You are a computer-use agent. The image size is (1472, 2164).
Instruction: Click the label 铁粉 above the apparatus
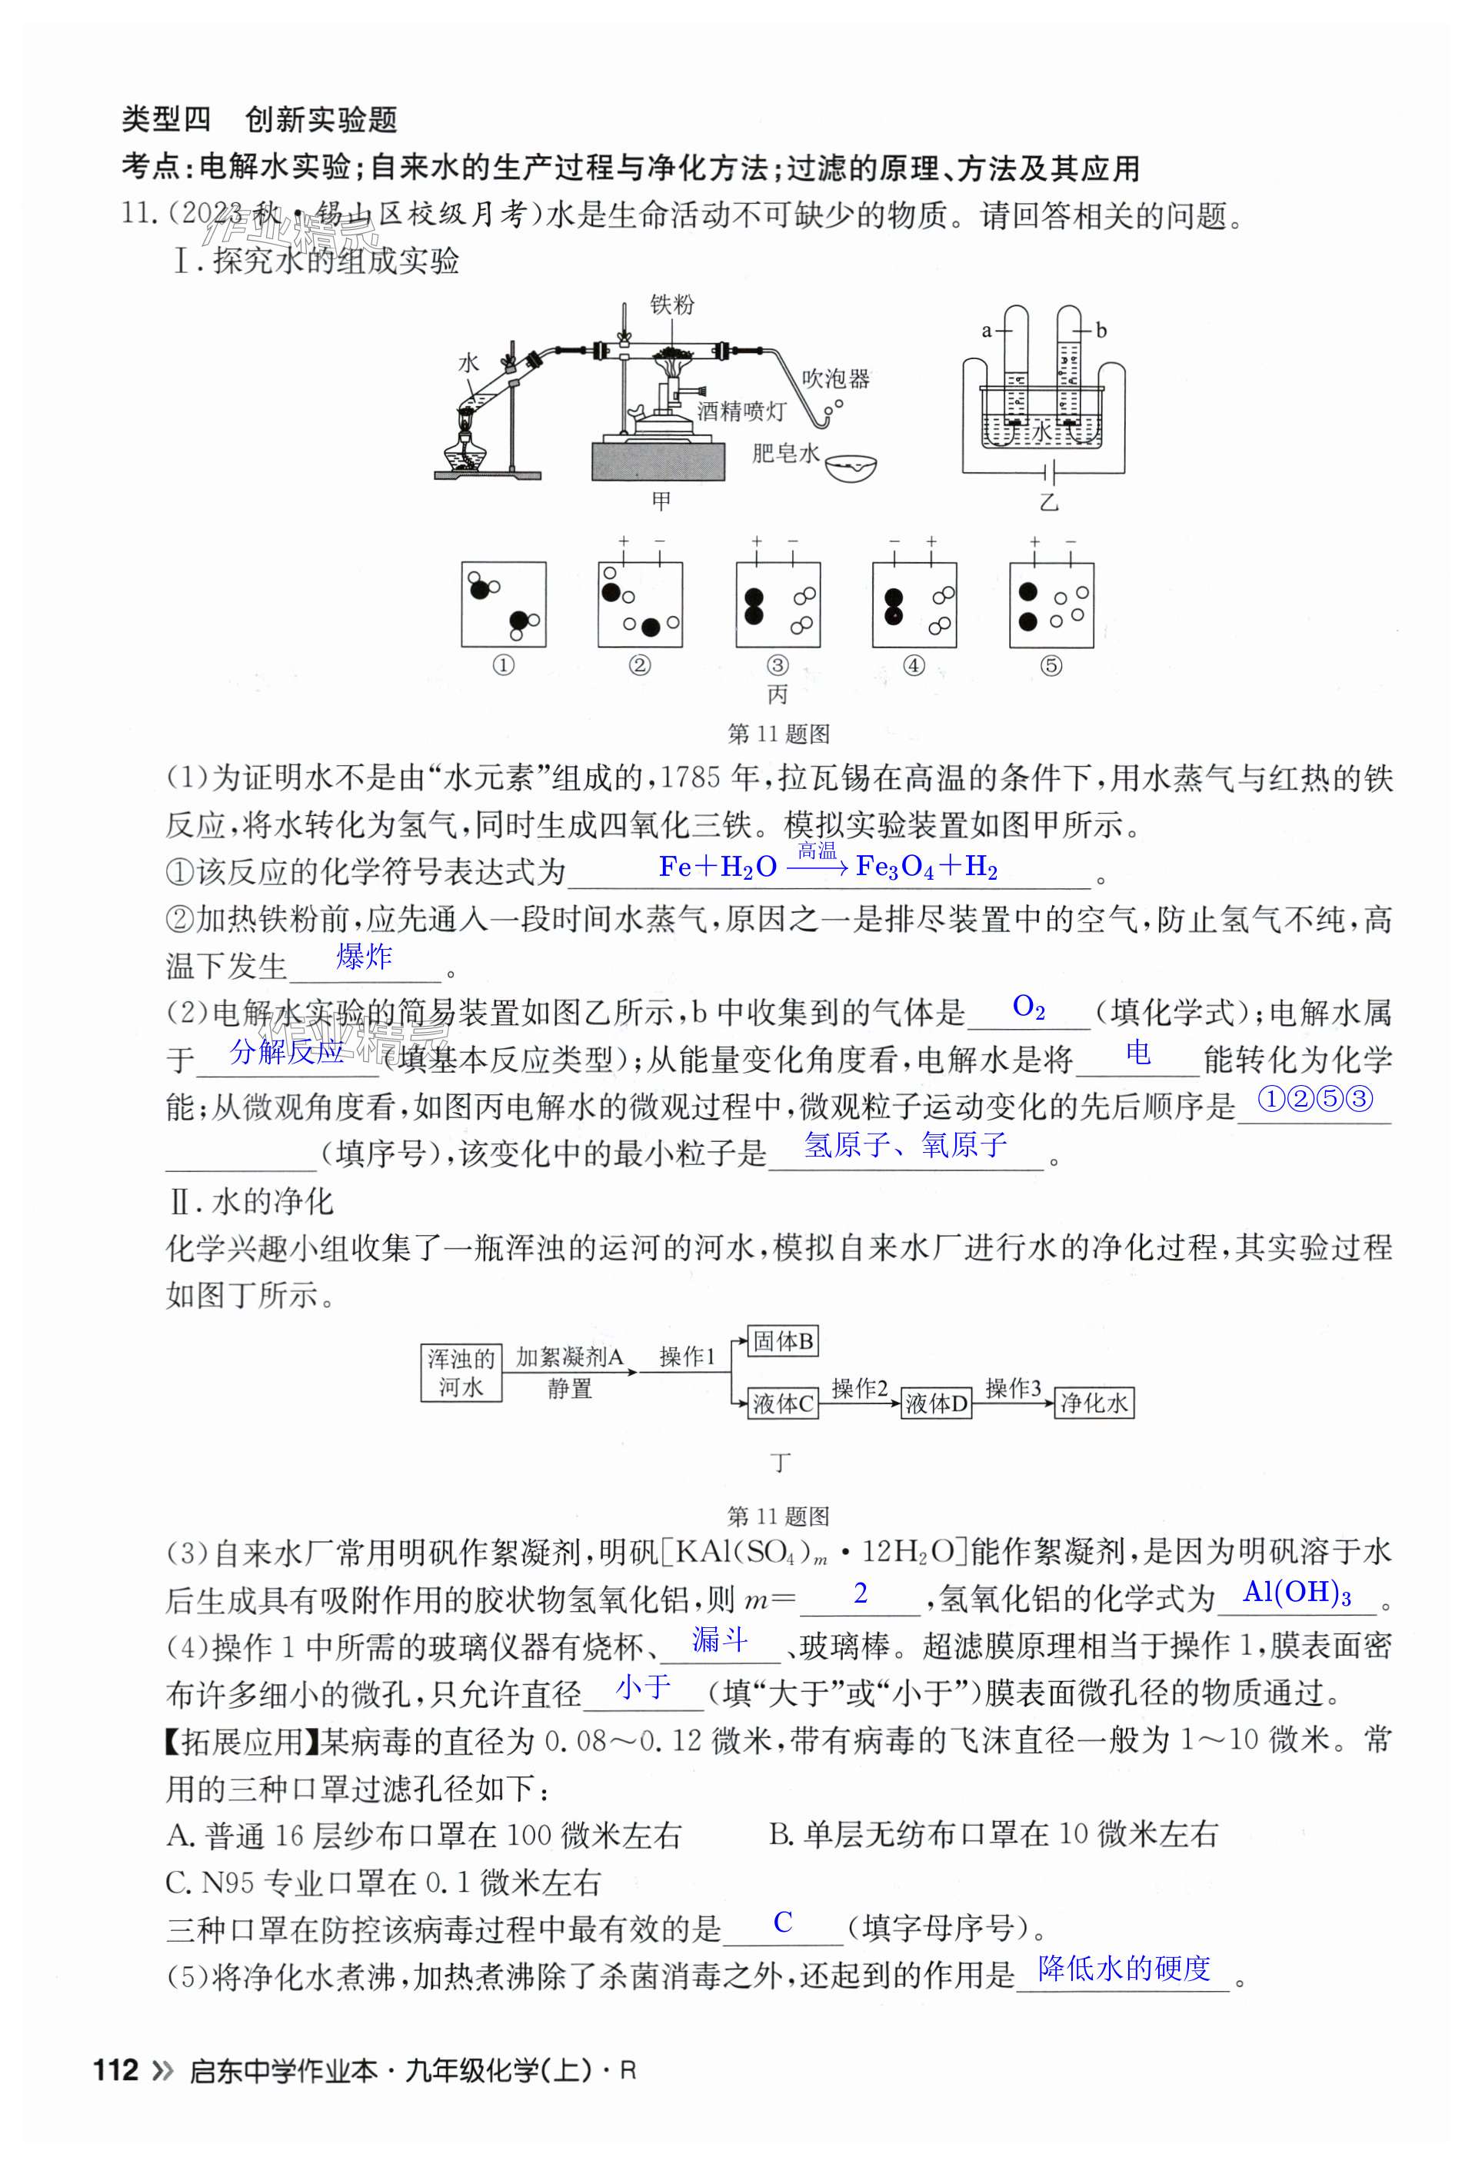coord(671,305)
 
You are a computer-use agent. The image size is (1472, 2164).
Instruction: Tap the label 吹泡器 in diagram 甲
coord(835,379)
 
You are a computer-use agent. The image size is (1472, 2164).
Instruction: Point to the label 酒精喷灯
coord(741,411)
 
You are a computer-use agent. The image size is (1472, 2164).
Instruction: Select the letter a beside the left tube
coord(987,331)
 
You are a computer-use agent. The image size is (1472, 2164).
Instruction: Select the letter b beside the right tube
coord(1101,331)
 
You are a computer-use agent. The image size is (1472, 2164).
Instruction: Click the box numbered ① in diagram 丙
coord(504,604)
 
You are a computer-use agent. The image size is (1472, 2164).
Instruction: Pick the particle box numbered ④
coord(914,604)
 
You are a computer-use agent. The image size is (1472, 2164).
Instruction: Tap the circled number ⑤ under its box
coord(1051,666)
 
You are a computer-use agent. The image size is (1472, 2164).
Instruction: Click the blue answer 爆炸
coord(364,957)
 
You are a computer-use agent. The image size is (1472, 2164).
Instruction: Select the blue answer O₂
coord(1028,1007)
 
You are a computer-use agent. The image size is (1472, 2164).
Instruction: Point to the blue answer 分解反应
coord(287,1052)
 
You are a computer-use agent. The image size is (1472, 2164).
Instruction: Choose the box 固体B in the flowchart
coord(783,1342)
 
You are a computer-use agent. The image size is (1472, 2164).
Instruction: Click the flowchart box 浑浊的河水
coord(461,1373)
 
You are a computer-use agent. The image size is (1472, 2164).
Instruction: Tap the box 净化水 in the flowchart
coord(1094,1403)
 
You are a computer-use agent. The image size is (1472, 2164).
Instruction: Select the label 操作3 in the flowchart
coord(1012,1388)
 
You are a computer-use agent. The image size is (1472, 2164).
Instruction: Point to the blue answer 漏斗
coord(719,1640)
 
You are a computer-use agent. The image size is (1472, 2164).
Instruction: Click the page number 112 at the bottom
coord(116,2071)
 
